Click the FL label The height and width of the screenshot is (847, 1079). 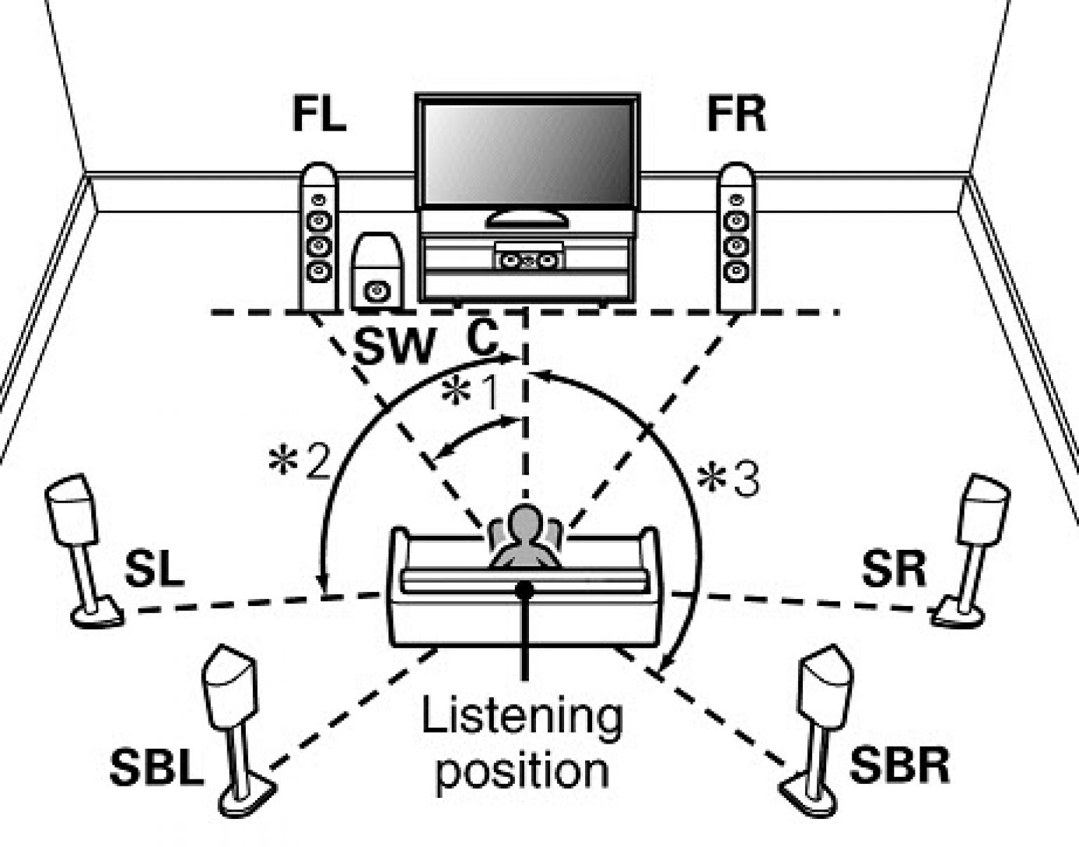pos(319,116)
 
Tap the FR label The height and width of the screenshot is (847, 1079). pos(735,116)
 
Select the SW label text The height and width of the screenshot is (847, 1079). pos(393,346)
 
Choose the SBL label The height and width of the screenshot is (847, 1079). pos(156,768)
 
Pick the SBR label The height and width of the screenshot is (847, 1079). pos(899,765)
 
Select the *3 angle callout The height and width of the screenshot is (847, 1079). pos(728,482)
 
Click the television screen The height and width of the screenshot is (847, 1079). pos(528,152)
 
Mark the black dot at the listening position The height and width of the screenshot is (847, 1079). pos(523,590)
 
